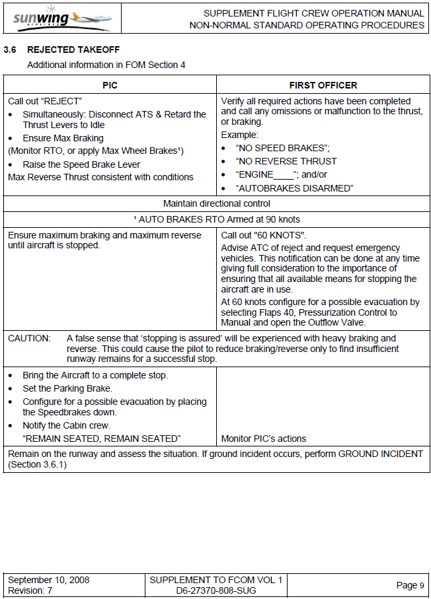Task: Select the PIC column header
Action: [x=110, y=85]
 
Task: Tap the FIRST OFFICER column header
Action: [x=323, y=85]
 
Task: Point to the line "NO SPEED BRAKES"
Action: [x=282, y=148]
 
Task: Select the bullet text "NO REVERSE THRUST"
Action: [x=286, y=161]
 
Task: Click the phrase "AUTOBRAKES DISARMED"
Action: [x=294, y=188]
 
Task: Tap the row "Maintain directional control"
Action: [x=216, y=203]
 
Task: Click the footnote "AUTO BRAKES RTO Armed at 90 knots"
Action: [x=216, y=219]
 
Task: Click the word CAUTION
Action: [x=29, y=338]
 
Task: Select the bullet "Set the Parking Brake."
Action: [x=67, y=388]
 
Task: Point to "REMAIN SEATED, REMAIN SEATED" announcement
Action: [x=101, y=439]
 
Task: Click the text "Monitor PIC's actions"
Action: [x=264, y=439]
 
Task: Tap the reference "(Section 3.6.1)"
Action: [x=39, y=465]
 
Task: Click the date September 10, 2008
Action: [x=48, y=580]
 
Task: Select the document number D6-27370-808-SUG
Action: [x=216, y=590]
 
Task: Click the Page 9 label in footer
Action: [x=411, y=585]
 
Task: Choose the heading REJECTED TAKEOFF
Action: [x=73, y=50]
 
